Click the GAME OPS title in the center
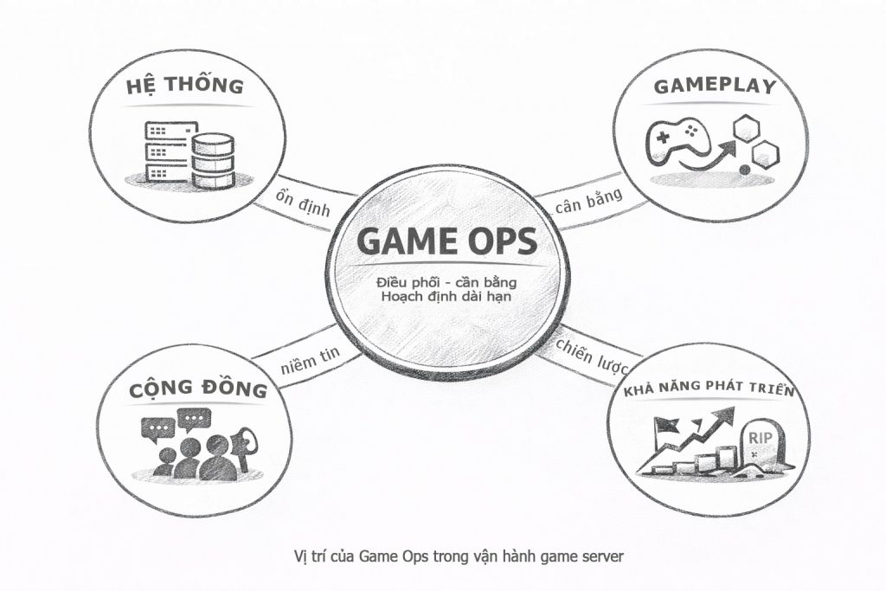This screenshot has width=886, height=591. (447, 241)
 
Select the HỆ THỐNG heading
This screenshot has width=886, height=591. (185, 86)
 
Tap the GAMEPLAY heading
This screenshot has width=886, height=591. (715, 86)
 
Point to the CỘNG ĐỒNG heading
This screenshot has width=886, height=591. (198, 389)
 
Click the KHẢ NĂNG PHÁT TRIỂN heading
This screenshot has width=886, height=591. (709, 389)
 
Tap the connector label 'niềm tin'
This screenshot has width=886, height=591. (311, 360)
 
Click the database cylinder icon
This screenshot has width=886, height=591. (213, 161)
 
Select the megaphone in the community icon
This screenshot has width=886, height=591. (243, 446)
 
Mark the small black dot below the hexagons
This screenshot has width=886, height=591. (745, 169)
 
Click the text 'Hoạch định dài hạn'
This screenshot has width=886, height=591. (446, 296)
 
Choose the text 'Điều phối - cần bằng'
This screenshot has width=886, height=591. (446, 281)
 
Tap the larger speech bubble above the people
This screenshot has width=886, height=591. (194, 420)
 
